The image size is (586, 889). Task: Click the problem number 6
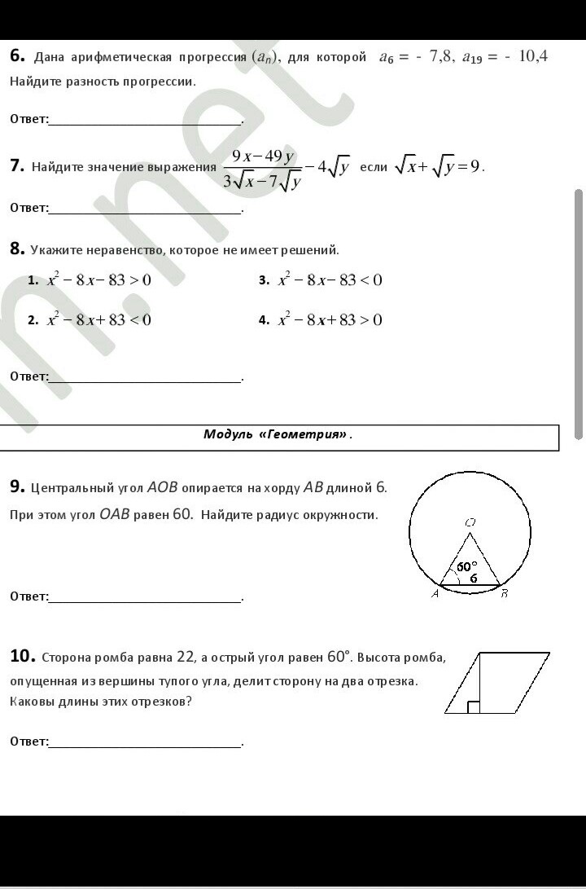pyautogui.click(x=17, y=56)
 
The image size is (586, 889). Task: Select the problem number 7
pyautogui.click(x=17, y=166)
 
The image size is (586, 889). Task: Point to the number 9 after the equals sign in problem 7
pyautogui.click(x=474, y=166)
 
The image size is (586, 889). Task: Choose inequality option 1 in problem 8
pyautogui.click(x=98, y=280)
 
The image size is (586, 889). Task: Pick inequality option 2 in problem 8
pyautogui.click(x=98, y=320)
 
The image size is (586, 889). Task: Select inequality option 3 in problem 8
pyautogui.click(x=330, y=280)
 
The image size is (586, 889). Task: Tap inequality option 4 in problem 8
pyautogui.click(x=330, y=320)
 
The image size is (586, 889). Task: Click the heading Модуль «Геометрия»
pyautogui.click(x=277, y=434)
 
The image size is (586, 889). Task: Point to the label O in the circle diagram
pyautogui.click(x=470, y=522)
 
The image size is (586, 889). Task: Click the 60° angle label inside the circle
pyautogui.click(x=466, y=566)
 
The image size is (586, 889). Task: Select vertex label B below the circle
pyautogui.click(x=505, y=593)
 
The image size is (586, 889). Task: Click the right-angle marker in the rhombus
pyautogui.click(x=474, y=706)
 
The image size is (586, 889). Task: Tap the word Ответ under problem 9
pyautogui.click(x=28, y=596)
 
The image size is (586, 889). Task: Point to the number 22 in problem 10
pyautogui.click(x=186, y=657)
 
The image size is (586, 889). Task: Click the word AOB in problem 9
pyautogui.click(x=162, y=488)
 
